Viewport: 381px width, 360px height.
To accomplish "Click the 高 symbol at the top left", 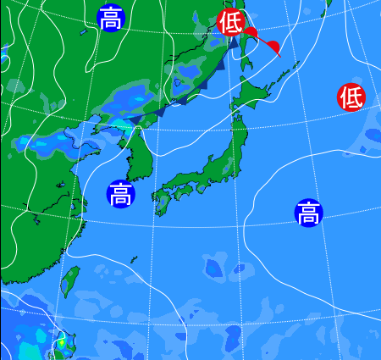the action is tap(110, 18).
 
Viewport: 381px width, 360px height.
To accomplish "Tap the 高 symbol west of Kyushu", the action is tap(120, 194).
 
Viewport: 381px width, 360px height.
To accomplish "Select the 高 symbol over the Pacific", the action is tap(308, 212).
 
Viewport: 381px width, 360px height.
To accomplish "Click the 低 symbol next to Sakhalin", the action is tap(230, 22).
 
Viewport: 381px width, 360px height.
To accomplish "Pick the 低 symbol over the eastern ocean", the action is tap(351, 97).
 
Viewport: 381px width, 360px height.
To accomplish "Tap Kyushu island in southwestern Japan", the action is tap(163, 202).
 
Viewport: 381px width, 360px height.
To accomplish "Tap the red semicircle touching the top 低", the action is tap(251, 33).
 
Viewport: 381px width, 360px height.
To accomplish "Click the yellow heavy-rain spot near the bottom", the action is tap(60, 344).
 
